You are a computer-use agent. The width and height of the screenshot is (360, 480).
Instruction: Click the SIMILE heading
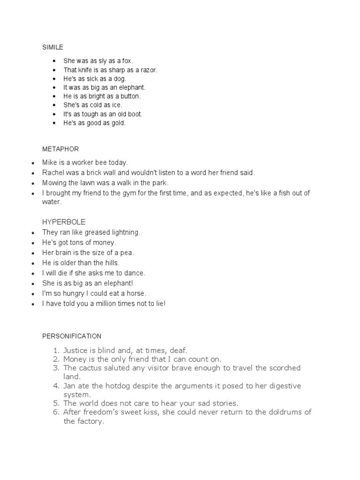tap(52, 47)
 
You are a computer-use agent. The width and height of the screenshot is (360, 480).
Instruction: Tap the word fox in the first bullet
tap(127, 61)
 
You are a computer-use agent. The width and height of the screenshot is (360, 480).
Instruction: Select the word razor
tap(148, 70)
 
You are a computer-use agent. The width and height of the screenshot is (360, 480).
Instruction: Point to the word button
tap(130, 96)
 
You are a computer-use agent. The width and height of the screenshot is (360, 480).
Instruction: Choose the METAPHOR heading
tap(60, 149)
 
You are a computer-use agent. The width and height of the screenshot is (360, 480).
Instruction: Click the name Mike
tap(49, 163)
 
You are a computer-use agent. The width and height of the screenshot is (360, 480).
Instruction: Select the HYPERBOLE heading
tap(64, 221)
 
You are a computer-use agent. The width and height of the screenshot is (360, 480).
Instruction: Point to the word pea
tap(127, 253)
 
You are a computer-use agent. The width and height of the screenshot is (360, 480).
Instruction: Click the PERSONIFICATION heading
tap(72, 336)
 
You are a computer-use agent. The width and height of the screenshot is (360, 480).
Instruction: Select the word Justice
tap(76, 350)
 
